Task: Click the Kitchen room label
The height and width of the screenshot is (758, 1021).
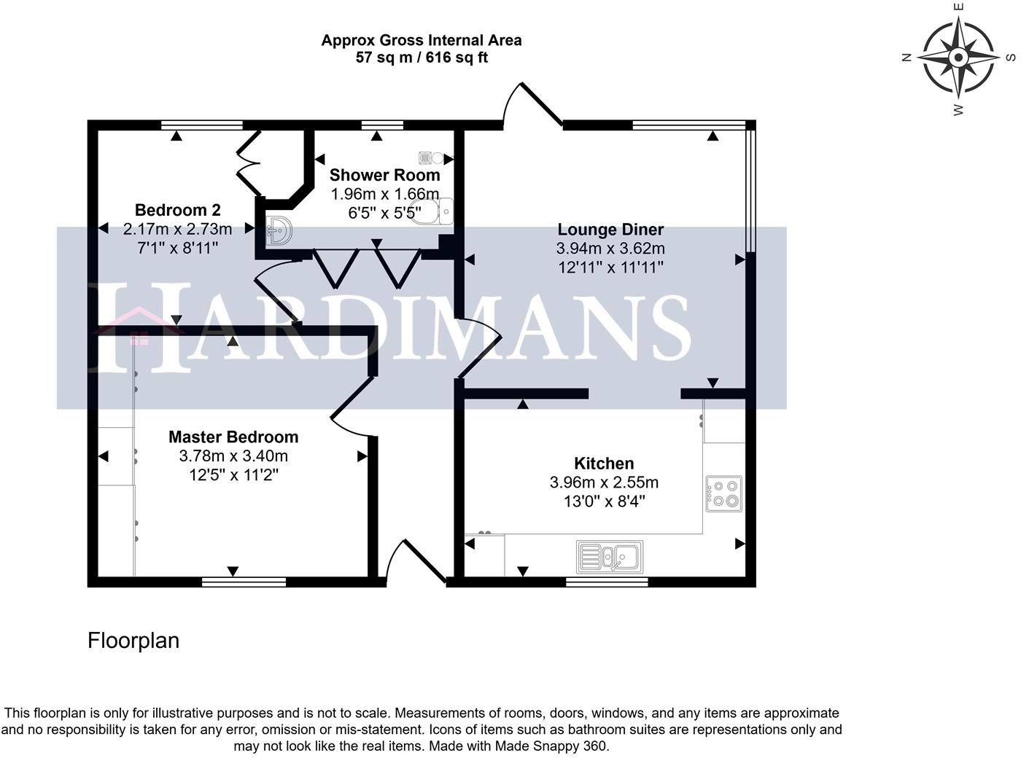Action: coord(604,463)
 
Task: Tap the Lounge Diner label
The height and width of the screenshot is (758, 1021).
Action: coord(610,229)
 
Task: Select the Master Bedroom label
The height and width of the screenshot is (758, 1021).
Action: coord(233,437)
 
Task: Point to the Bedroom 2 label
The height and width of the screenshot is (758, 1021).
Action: coord(178,210)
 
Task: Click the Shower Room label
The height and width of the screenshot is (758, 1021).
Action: coord(385,175)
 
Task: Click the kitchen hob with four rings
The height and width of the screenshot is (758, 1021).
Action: coord(723,494)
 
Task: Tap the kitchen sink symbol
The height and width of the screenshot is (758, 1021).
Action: coord(610,557)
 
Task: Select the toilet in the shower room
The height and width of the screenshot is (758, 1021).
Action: coord(431,212)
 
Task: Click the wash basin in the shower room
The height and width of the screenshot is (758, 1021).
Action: coord(279,231)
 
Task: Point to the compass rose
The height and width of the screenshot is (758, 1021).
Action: coord(958,58)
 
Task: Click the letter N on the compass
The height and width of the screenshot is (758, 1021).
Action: coord(907,58)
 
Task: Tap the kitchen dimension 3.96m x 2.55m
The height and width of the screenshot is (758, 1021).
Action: coord(604,482)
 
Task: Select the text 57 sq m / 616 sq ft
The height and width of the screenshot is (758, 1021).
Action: coord(422,58)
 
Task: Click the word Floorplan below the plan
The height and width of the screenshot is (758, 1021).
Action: coord(133,640)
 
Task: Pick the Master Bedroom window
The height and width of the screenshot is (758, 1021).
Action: coord(244,582)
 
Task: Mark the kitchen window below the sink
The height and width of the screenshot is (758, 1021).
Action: coord(607,582)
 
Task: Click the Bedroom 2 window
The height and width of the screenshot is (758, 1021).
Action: coord(201,125)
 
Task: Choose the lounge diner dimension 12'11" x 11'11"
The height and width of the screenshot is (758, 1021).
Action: coord(610,267)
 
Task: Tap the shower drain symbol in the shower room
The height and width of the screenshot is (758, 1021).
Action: coord(425,158)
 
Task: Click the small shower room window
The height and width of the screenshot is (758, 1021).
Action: coord(383,125)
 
